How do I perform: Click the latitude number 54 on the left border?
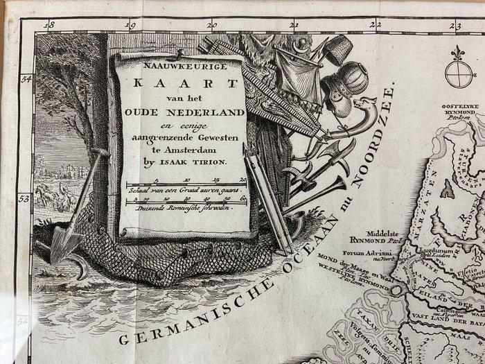click(26, 80)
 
